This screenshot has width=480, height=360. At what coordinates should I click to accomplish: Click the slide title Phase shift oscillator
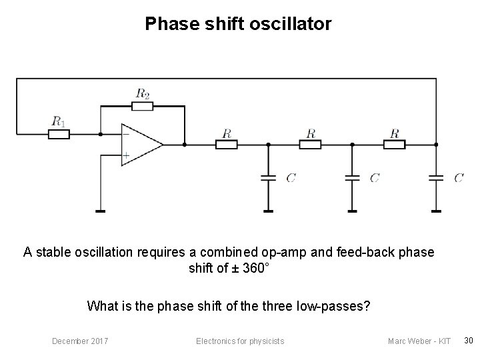pyautogui.click(x=238, y=25)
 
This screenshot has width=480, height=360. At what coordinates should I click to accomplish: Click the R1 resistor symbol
pyautogui.click(x=59, y=134)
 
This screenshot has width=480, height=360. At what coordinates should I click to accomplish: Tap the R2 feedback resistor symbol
pyautogui.click(x=143, y=105)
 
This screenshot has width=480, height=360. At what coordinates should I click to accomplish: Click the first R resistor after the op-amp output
pyautogui.click(x=227, y=144)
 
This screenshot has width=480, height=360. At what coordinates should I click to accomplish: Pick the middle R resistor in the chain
pyautogui.click(x=310, y=144)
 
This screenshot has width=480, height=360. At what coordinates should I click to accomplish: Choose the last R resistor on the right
pyautogui.click(x=394, y=144)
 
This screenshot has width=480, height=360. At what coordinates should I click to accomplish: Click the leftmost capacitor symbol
pyautogui.click(x=268, y=178)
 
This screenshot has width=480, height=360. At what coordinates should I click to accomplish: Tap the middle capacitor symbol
pyautogui.click(x=352, y=178)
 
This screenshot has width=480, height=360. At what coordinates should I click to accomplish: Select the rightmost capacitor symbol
pyautogui.click(x=436, y=178)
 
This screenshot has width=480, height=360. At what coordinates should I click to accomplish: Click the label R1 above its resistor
pyautogui.click(x=59, y=121)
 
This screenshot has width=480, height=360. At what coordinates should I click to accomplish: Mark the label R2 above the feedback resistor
pyautogui.click(x=143, y=93)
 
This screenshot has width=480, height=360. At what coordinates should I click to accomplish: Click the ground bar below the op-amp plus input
pyautogui.click(x=100, y=211)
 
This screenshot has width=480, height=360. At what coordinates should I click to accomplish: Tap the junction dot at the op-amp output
pyautogui.click(x=184, y=144)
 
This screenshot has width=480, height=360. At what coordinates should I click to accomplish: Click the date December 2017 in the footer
pyautogui.click(x=81, y=341)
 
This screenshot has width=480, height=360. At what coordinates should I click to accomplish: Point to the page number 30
pyautogui.click(x=468, y=341)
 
